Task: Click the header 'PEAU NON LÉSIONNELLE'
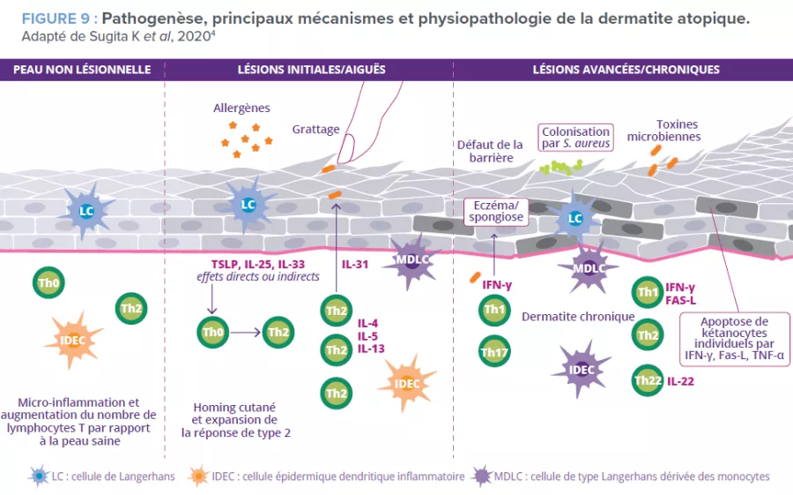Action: pyautogui.click(x=82, y=70)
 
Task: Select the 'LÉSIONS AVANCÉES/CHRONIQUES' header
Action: pyautogui.click(x=626, y=70)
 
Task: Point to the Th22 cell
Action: pyautogui.click(x=648, y=381)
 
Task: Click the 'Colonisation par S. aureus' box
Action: pyautogui.click(x=575, y=137)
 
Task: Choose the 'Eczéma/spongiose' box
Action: pyautogui.click(x=494, y=211)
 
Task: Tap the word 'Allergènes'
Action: pyautogui.click(x=241, y=108)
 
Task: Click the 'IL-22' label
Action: pyautogui.click(x=683, y=381)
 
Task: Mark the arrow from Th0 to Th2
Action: pyautogui.click(x=246, y=333)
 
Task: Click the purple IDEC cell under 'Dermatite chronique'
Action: pyautogui.click(x=583, y=369)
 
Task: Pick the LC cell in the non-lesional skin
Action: pyautogui.click(x=85, y=212)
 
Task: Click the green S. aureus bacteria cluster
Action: pyautogui.click(x=561, y=165)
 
